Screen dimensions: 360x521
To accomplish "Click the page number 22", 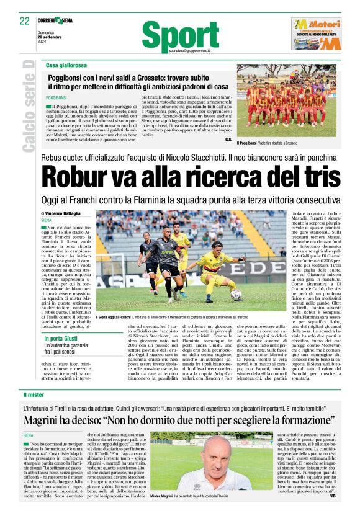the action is click(24, 21).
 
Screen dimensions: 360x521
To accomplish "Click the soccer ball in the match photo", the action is click(236, 295).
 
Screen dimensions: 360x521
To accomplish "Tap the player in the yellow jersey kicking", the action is click(217, 267).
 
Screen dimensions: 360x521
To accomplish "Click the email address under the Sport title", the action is click(189, 50).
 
